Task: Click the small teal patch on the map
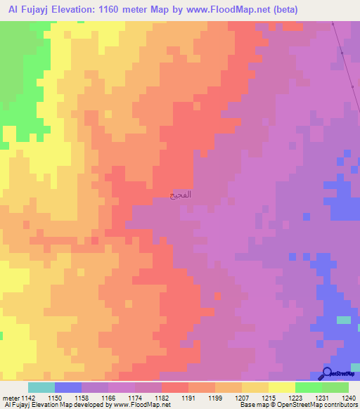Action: click(343, 320)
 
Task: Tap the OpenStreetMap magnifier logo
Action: click(327, 373)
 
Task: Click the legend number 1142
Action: click(27, 398)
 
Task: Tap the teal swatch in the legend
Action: click(41, 387)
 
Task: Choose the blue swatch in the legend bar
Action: click(67, 387)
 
